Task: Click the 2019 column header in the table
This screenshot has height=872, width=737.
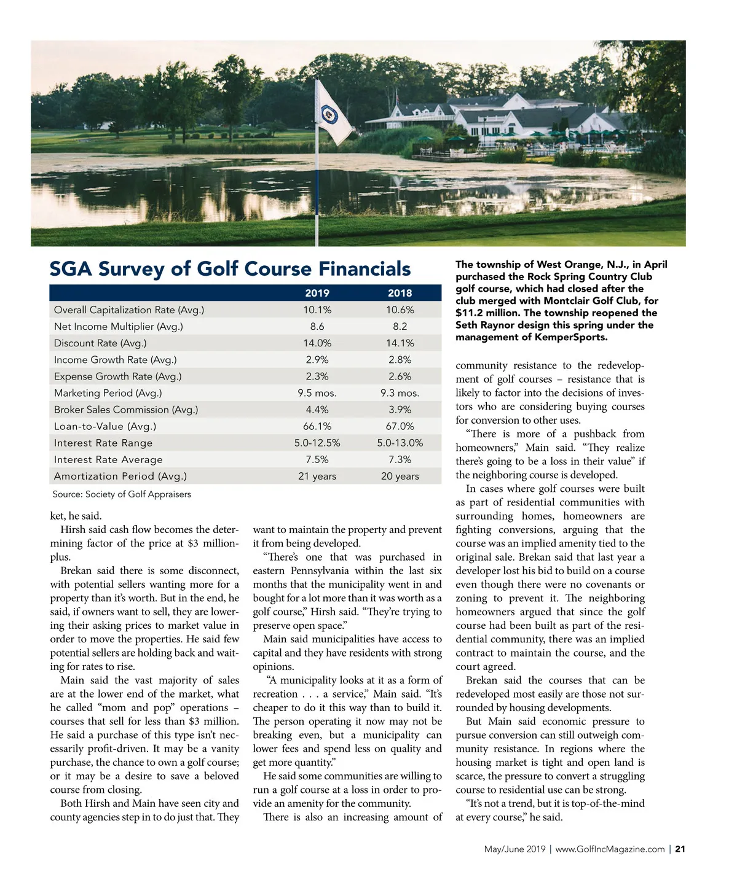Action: (x=317, y=293)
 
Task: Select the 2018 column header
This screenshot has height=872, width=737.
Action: (x=400, y=293)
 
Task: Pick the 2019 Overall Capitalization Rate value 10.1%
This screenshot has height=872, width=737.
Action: (x=317, y=310)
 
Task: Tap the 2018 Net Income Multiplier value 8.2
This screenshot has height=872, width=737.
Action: (x=400, y=327)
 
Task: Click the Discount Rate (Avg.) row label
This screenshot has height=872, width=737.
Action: (x=100, y=343)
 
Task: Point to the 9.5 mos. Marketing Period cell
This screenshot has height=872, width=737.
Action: (x=317, y=393)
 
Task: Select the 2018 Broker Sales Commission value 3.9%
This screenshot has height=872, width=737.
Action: (x=400, y=410)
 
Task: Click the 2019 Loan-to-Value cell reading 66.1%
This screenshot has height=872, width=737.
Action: (x=317, y=426)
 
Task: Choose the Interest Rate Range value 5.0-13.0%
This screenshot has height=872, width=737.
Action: (x=400, y=443)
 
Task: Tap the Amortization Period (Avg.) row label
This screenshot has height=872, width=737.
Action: (x=120, y=476)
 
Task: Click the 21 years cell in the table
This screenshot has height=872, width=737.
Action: (x=317, y=476)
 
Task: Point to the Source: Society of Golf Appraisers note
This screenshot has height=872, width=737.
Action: (x=122, y=494)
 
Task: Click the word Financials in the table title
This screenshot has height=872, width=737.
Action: (x=365, y=269)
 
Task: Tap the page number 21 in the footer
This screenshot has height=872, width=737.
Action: (x=680, y=849)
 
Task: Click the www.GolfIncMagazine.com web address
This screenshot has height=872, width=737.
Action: (x=610, y=849)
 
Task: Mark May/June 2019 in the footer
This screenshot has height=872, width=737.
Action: (x=514, y=849)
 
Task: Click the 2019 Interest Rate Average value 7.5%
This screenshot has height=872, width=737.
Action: (x=317, y=459)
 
